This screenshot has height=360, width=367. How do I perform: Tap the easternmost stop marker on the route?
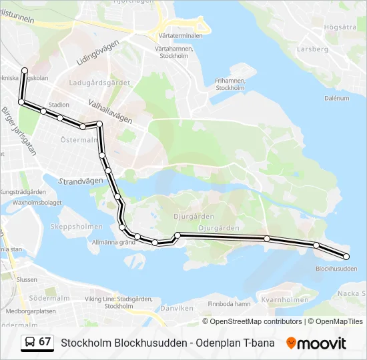click(x=346, y=257)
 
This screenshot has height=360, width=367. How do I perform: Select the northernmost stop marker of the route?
click(x=25, y=70)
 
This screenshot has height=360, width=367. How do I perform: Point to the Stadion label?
click(x=59, y=105)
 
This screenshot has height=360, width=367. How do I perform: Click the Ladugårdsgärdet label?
click(x=99, y=83)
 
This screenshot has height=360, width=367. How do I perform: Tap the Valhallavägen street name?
click(x=110, y=111)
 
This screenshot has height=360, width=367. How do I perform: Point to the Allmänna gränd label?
click(x=113, y=242)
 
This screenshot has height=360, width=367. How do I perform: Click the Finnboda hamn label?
click(x=229, y=304)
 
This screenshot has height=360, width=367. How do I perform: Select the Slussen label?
click(x=27, y=279)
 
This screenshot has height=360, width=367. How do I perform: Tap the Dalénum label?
click(x=336, y=98)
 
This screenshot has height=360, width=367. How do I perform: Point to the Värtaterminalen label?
click(x=179, y=34)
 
